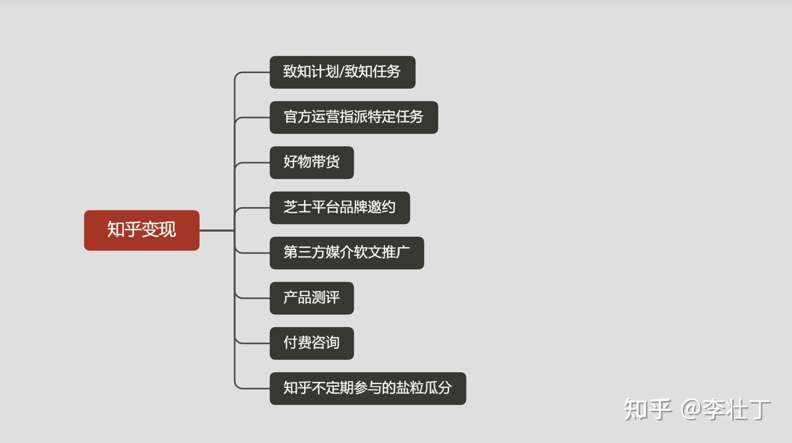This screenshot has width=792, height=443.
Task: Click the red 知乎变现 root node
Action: [141, 230]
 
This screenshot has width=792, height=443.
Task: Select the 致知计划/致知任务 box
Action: [342, 72]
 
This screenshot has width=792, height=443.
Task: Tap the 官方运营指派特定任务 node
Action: [354, 117]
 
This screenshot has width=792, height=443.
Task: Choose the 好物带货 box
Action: [311, 163]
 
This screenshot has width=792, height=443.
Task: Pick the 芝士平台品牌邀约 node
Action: [340, 208]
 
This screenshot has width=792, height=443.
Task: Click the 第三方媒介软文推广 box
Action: [346, 253]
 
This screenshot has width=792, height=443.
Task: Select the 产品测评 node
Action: [311, 298]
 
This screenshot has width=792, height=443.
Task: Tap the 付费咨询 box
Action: [311, 343]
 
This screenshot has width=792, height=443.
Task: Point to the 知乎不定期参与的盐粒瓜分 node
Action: [368, 388]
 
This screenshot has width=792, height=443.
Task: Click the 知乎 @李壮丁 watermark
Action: [697, 410]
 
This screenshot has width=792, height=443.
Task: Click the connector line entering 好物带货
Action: [254, 163]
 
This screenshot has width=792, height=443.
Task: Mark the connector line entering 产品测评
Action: [254, 298]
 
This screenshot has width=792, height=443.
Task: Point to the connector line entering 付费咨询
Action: [254, 343]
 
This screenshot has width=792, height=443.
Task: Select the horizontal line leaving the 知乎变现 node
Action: [216, 230]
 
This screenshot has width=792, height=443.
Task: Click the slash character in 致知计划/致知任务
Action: [341, 72]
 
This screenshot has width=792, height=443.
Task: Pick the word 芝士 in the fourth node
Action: [297, 207]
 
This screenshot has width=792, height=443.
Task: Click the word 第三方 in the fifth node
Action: [304, 252]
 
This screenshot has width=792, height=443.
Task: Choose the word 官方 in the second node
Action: [297, 117]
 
